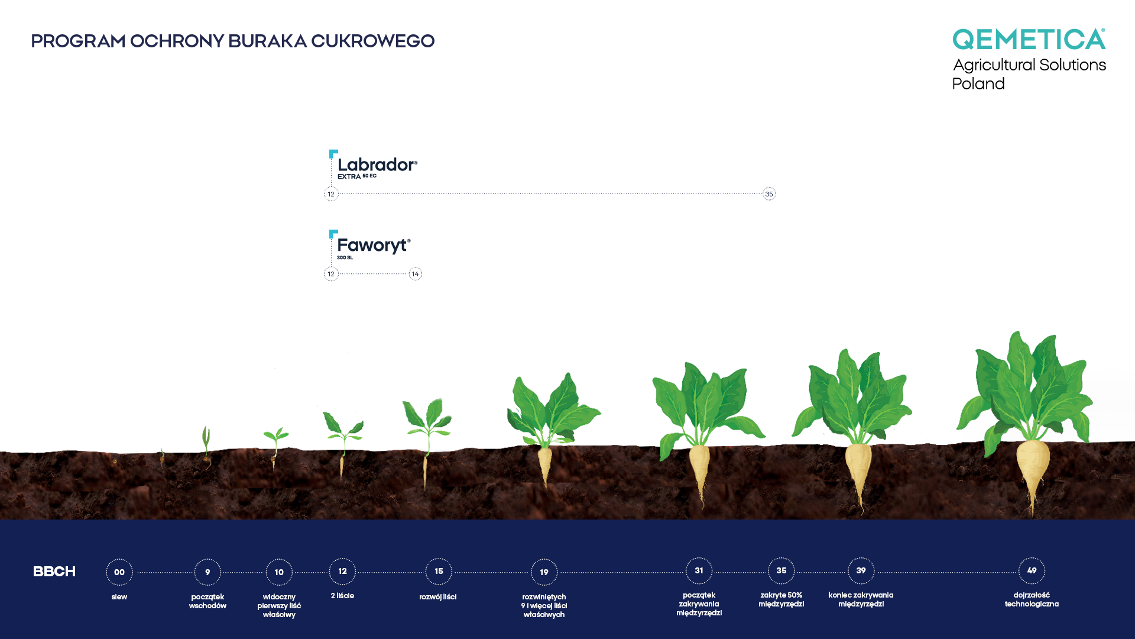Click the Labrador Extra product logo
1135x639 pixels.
pyautogui.click(x=374, y=165)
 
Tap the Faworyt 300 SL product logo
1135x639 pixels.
pyautogui.click(x=370, y=245)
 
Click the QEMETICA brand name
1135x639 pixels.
pyautogui.click(x=1029, y=39)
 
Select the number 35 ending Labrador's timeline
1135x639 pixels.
pyautogui.click(x=769, y=194)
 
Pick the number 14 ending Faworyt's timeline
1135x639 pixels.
pyautogui.click(x=416, y=274)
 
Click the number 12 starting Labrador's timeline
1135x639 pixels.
pyautogui.click(x=331, y=194)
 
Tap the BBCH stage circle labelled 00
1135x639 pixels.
pyautogui.click(x=119, y=572)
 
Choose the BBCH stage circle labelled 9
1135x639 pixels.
pyautogui.click(x=207, y=572)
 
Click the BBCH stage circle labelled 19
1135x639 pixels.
pyautogui.click(x=544, y=572)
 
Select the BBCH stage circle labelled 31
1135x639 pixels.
pyautogui.click(x=699, y=571)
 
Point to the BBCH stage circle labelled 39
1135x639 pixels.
pyautogui.click(x=861, y=571)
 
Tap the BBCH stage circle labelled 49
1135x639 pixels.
pyautogui.click(x=1032, y=571)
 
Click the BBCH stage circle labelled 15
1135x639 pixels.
pyautogui.click(x=439, y=572)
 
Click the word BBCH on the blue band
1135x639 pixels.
pyautogui.click(x=54, y=572)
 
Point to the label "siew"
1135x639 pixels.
pyautogui.click(x=119, y=597)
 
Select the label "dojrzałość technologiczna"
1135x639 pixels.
pyautogui.click(x=1032, y=600)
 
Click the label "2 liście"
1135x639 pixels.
pyautogui.click(x=342, y=596)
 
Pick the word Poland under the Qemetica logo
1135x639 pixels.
pyautogui.click(x=978, y=84)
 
